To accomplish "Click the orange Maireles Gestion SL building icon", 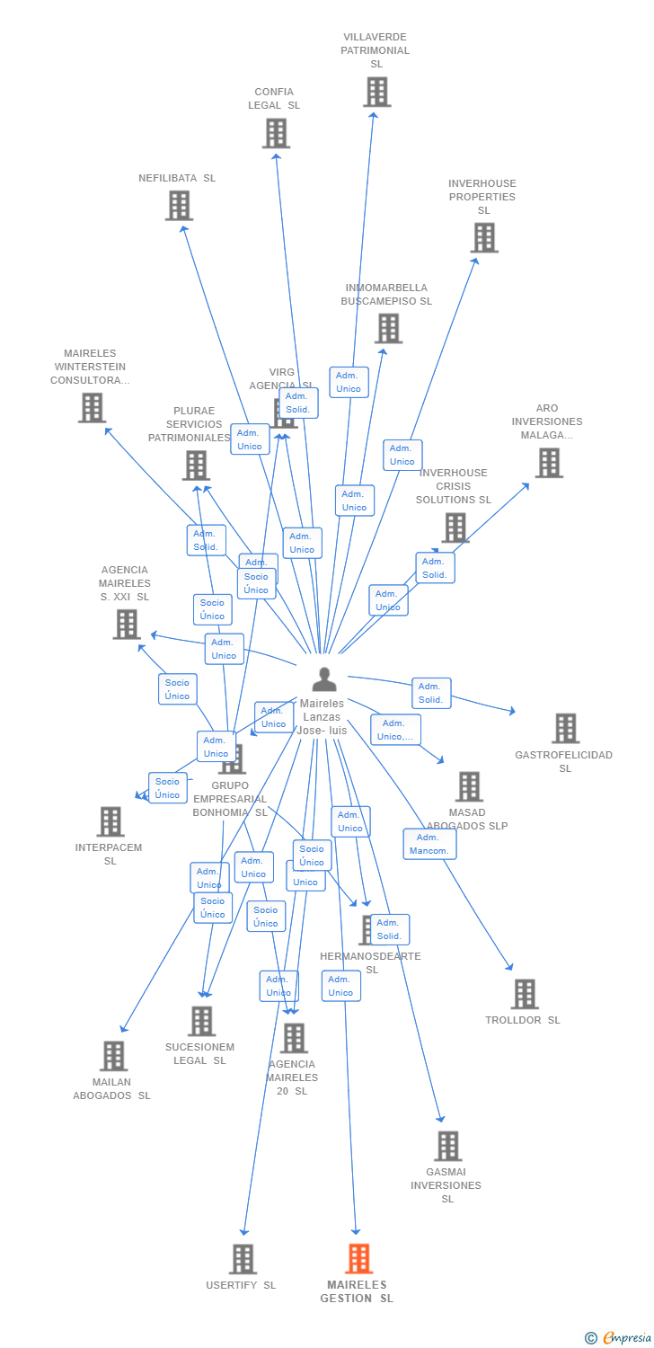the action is click(358, 1258).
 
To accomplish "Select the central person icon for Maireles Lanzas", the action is click(323, 679).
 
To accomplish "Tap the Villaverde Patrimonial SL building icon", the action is click(376, 92).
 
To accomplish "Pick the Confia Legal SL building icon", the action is click(276, 133).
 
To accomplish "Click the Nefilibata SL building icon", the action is click(179, 206).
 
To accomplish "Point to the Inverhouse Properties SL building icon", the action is click(484, 238).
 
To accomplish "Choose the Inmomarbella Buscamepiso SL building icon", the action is click(388, 329).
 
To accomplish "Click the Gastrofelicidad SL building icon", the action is click(565, 728).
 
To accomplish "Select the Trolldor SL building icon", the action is click(525, 994).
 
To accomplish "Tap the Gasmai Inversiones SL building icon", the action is click(447, 1146).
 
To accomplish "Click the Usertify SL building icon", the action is click(243, 1258).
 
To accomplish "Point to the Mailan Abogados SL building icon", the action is click(113, 1056).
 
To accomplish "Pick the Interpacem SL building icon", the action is click(110, 821).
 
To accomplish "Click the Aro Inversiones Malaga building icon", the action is click(548, 463).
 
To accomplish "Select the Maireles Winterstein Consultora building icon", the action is click(92, 408).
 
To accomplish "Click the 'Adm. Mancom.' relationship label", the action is click(429, 844).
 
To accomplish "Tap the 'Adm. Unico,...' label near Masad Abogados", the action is click(395, 730).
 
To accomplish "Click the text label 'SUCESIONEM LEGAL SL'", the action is click(199, 1053).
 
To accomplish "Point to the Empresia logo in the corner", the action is click(619, 1338).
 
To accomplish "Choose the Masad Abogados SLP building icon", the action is click(468, 786).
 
